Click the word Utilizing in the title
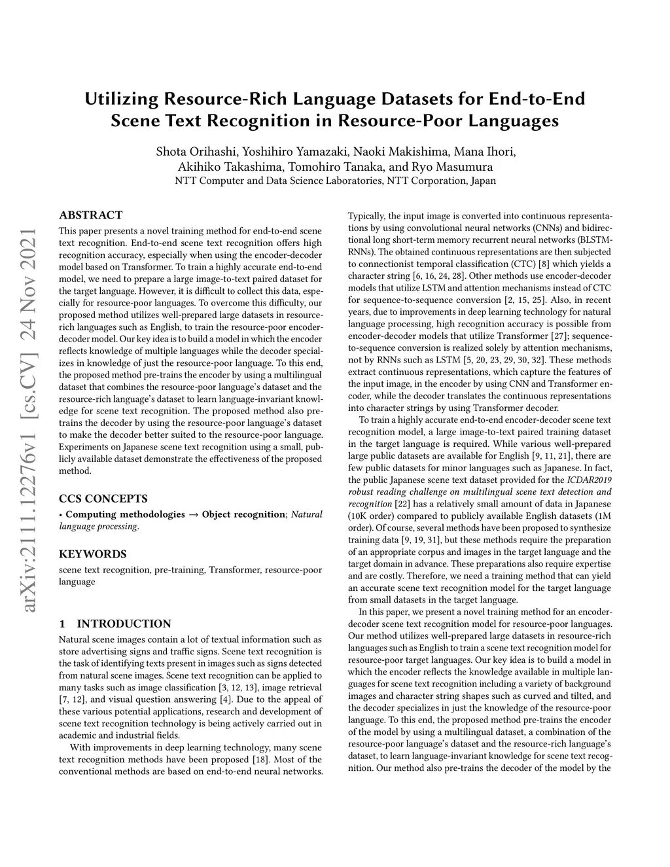pyautogui.click(x=122, y=99)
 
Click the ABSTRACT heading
pyautogui.click(x=90, y=215)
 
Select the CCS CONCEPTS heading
pyautogui.click(x=103, y=499)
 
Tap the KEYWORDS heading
pyautogui.click(x=92, y=554)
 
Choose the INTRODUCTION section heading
pyautogui.click(x=124, y=624)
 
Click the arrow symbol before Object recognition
pyautogui.click(x=194, y=514)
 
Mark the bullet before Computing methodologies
pyautogui.click(x=61, y=514)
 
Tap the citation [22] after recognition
pyautogui.click(x=402, y=504)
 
